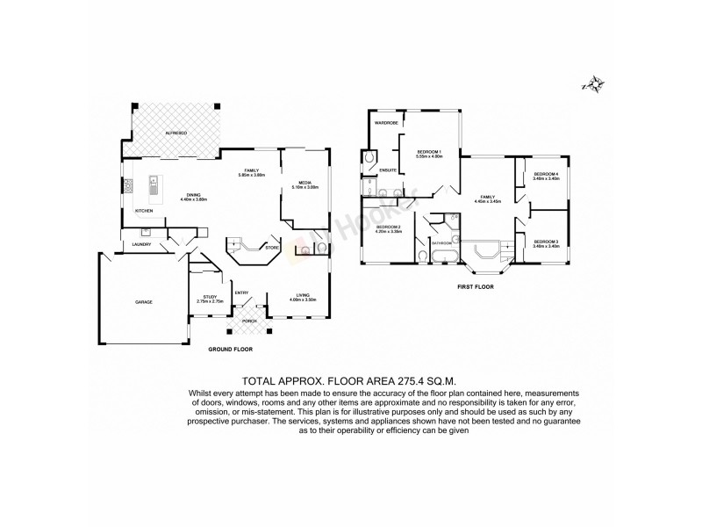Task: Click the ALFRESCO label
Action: click(177, 133)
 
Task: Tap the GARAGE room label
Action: click(144, 302)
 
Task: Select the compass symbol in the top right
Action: click(595, 85)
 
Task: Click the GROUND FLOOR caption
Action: click(231, 350)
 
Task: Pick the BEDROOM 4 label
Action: click(546, 174)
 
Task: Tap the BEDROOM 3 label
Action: click(546, 242)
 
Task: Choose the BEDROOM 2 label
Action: click(388, 227)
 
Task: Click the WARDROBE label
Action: click(387, 123)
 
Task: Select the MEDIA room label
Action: click(305, 183)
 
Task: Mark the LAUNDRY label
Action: click(141, 243)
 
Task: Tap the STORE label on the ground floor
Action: click(272, 248)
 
